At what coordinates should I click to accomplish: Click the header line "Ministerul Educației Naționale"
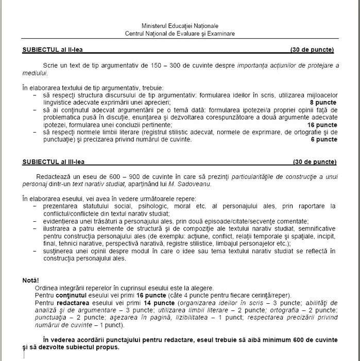(180, 26)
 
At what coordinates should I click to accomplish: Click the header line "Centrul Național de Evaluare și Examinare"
(180, 33)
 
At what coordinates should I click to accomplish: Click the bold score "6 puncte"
(323, 139)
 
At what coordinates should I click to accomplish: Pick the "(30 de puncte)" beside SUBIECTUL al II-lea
(312, 50)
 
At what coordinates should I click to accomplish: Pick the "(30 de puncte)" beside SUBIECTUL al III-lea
(314, 162)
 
